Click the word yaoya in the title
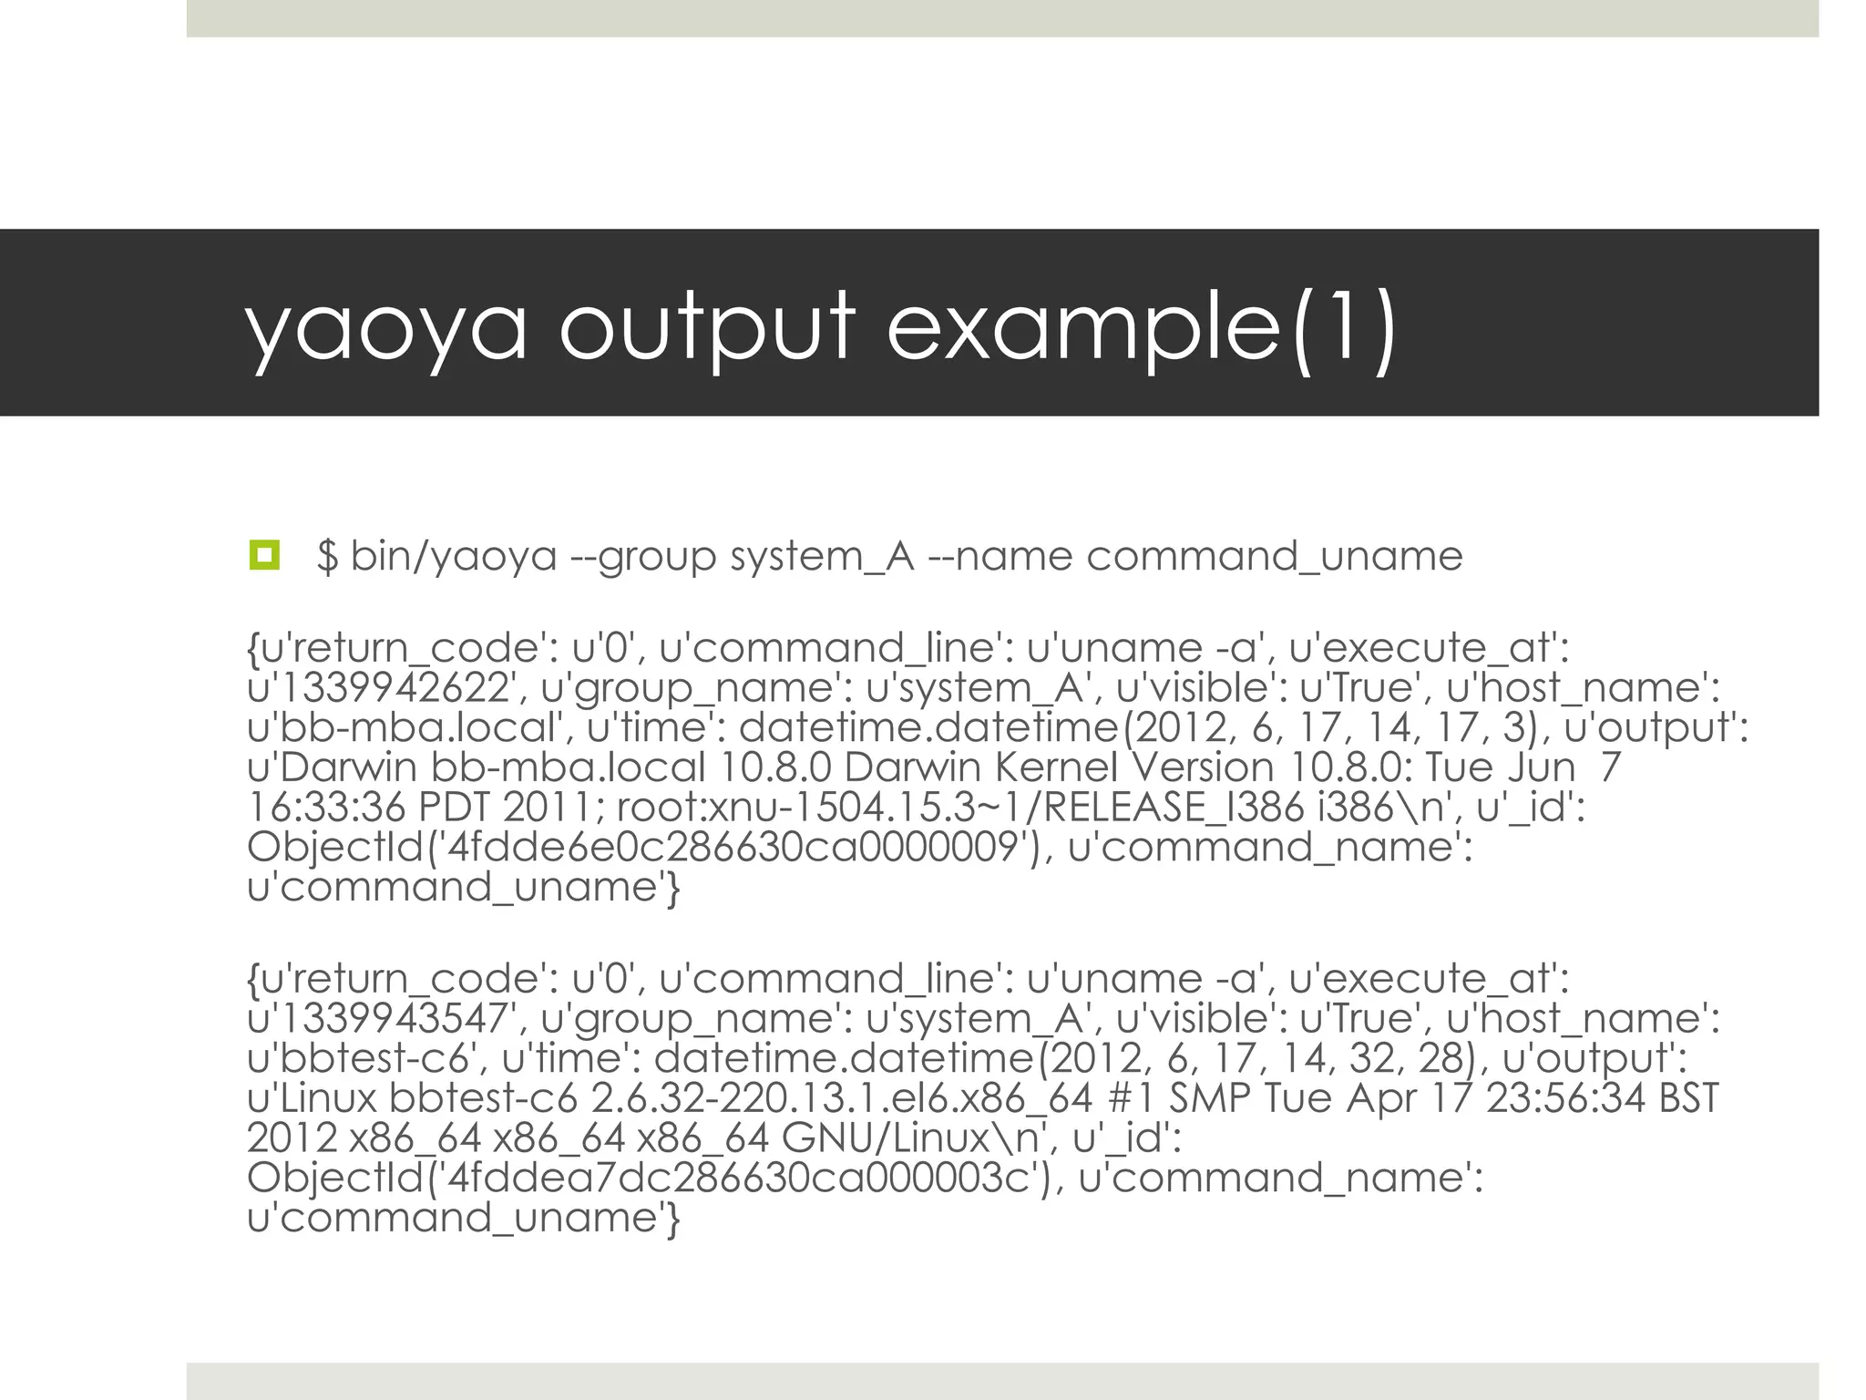386,328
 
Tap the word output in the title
707,328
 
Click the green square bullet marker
264,555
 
